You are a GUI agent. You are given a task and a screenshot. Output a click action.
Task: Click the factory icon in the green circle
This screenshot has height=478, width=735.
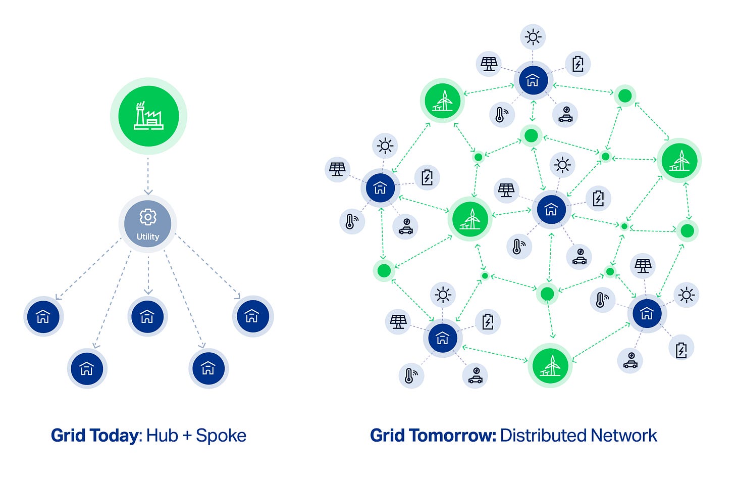click(x=148, y=116)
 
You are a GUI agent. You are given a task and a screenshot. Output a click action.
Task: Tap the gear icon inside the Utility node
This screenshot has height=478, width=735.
click(x=148, y=217)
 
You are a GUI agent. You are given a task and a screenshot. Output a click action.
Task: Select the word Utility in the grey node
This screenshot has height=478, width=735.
click(x=148, y=236)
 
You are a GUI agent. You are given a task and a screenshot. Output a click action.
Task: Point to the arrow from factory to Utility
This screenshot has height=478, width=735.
click(x=148, y=175)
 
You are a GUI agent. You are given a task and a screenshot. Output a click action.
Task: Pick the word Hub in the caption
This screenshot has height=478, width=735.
click(x=162, y=436)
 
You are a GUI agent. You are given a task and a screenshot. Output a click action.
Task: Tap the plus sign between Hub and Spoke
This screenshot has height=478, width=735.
click(x=187, y=436)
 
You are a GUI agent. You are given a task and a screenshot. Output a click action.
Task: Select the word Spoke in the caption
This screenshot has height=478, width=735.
click(x=221, y=436)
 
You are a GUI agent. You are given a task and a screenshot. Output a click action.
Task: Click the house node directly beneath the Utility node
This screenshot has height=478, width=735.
click(x=147, y=316)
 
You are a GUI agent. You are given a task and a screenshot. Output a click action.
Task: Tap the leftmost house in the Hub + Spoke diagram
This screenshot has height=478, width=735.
click(x=44, y=316)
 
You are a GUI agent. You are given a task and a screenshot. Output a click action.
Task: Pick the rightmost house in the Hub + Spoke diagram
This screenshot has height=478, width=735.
click(x=252, y=316)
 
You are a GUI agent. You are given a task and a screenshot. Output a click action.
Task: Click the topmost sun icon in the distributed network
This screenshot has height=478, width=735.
click(x=533, y=37)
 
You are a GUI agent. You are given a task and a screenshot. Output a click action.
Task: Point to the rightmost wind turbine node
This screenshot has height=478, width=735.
click(x=679, y=160)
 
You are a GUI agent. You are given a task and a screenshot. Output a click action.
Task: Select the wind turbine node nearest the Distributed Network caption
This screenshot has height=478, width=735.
click(x=550, y=365)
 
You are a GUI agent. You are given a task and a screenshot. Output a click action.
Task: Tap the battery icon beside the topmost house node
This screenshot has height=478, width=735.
click(x=578, y=64)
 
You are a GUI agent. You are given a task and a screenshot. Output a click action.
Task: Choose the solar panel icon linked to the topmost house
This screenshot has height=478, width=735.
click(x=489, y=64)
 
